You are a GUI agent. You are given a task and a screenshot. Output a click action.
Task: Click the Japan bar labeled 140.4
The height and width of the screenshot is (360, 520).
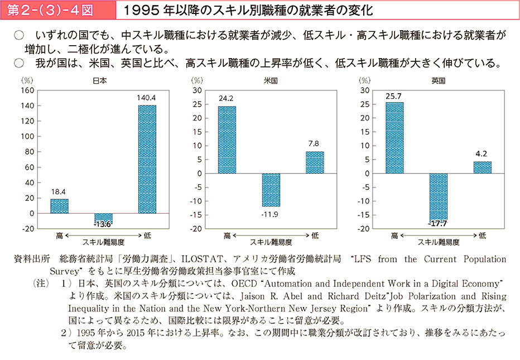point(147,159)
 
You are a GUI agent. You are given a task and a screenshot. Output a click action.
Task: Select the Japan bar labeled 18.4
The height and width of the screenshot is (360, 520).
point(60,206)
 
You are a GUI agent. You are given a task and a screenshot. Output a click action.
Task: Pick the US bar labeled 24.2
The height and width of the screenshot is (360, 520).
point(227,140)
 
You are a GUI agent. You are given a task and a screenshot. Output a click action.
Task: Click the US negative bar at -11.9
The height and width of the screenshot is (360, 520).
point(271,190)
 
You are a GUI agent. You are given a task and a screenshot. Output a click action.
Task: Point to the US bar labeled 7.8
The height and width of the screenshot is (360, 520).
point(315,162)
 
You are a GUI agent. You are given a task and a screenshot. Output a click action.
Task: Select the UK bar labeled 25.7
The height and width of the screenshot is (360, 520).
point(394,138)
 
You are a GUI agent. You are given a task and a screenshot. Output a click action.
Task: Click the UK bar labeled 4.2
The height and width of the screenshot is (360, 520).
point(483,167)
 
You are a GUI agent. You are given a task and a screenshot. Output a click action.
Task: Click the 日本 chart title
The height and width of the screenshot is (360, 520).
point(100,80)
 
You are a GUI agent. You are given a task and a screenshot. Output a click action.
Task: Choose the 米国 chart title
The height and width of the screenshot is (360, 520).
point(271,80)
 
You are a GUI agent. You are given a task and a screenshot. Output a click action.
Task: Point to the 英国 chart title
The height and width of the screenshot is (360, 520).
point(438,80)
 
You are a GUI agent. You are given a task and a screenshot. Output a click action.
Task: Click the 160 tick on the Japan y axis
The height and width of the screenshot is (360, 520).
point(28,90)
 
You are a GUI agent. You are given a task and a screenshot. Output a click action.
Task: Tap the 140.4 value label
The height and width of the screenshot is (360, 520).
point(147,98)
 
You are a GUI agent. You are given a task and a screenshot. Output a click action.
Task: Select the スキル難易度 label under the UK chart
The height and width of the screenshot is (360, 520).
point(439,242)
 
